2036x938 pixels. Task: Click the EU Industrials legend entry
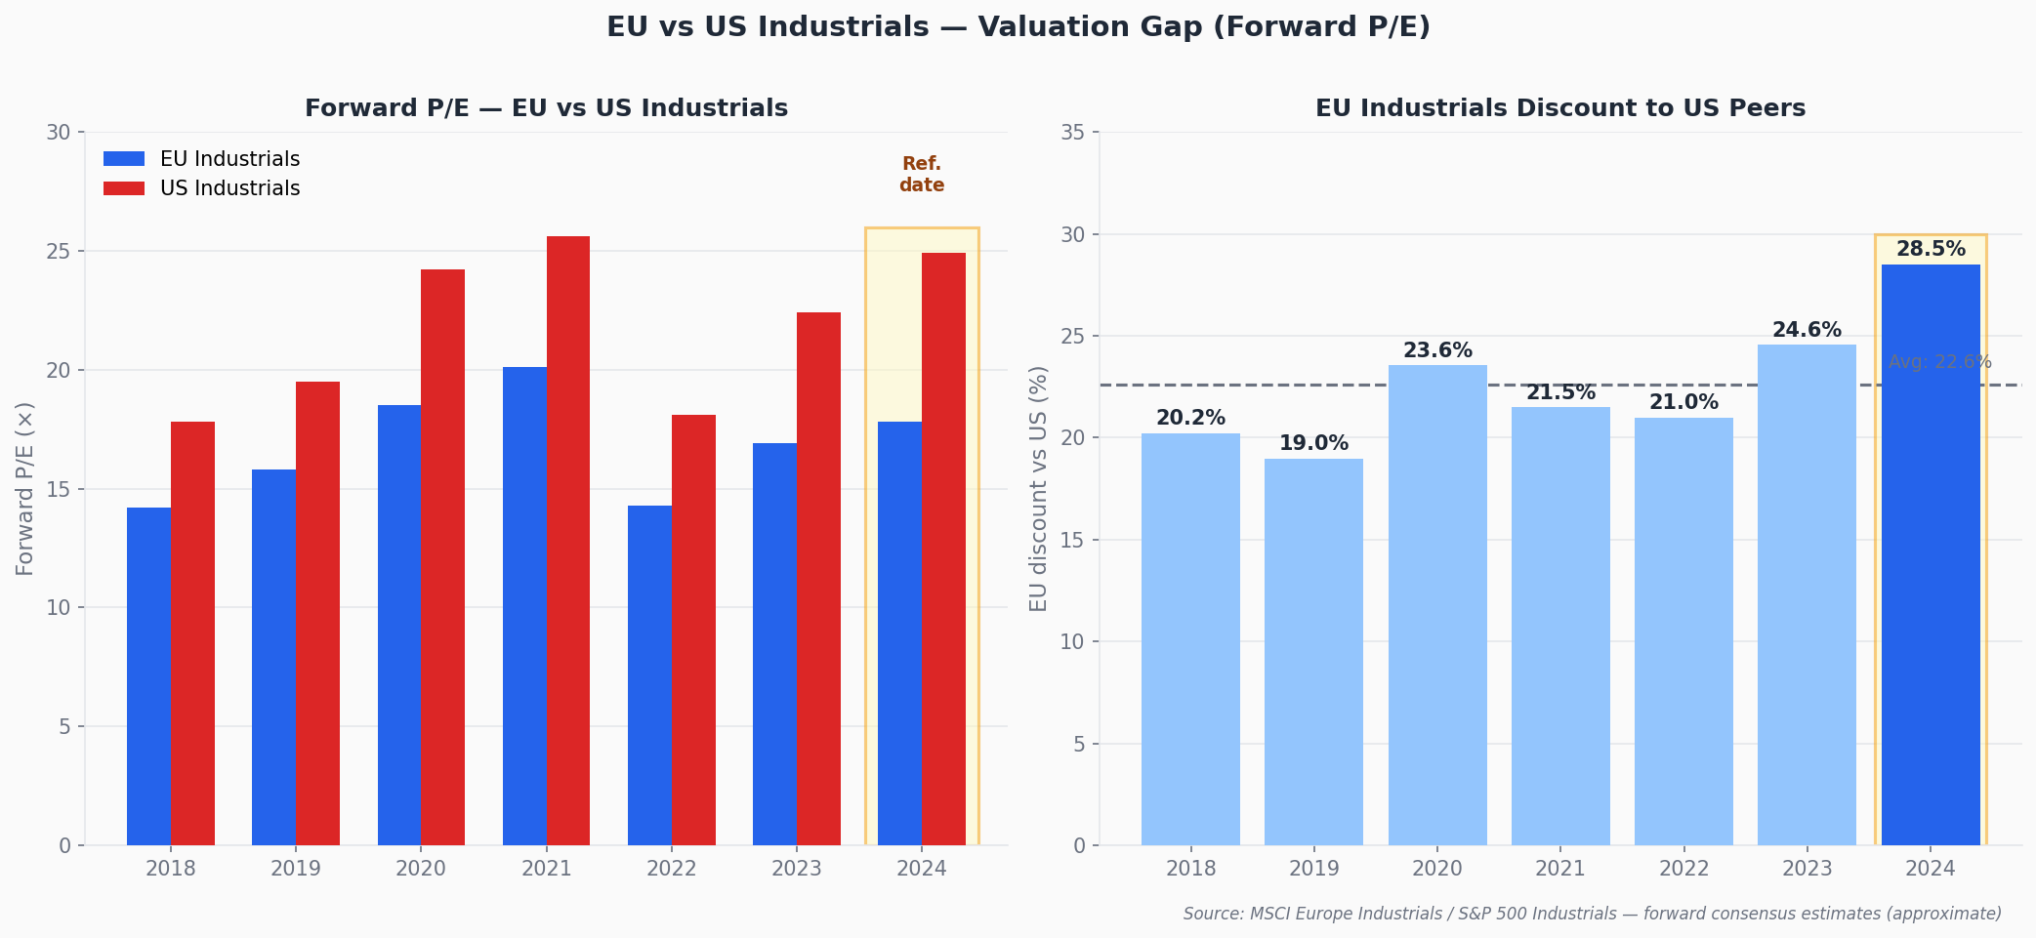[x=202, y=159]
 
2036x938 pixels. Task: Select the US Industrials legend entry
[x=202, y=188]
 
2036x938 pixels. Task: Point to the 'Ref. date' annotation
[x=922, y=175]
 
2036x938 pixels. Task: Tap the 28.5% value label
[x=1931, y=250]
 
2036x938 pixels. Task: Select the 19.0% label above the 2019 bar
[x=1313, y=444]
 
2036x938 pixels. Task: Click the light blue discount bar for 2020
[x=1437, y=605]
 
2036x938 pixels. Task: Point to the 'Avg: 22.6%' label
[x=1939, y=362]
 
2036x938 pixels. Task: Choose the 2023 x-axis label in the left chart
[x=796, y=869]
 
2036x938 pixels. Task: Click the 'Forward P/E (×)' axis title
[x=25, y=488]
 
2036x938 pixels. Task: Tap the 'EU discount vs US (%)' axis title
[x=1038, y=488]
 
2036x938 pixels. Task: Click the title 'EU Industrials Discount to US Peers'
[x=1559, y=108]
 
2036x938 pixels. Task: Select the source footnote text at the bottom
[x=1592, y=914]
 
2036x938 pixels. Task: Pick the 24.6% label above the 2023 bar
[x=1807, y=331]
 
